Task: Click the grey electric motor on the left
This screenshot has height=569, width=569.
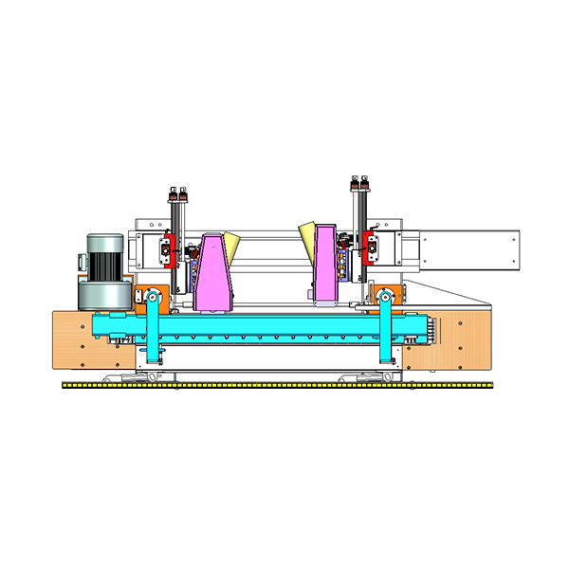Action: (101, 270)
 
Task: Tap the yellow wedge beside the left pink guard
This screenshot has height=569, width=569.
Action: (232, 244)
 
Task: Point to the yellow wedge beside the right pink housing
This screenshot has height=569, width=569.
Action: (307, 237)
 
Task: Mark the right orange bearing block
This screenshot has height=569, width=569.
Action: (390, 296)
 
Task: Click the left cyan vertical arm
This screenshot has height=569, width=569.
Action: (152, 332)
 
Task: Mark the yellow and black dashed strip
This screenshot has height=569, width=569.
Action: (275, 385)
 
